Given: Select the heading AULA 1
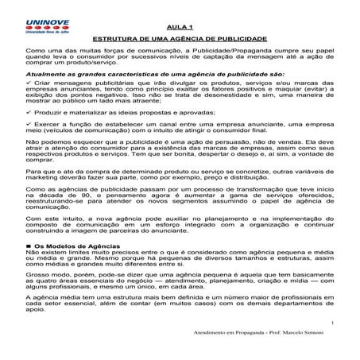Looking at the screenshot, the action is tap(180, 26).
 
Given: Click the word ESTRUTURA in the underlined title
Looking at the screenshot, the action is tap(118, 38).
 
